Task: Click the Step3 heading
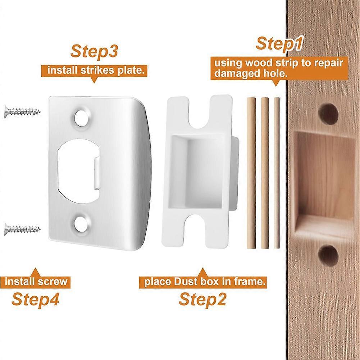click(x=94, y=51)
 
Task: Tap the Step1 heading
click(x=279, y=44)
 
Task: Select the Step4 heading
click(x=35, y=299)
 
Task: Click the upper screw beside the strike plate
click(x=23, y=111)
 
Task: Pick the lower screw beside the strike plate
click(x=23, y=228)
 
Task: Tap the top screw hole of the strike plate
click(x=82, y=117)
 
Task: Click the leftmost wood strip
click(x=251, y=173)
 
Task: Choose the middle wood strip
click(x=265, y=173)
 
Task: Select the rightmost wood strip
click(x=277, y=173)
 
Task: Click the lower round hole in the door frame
click(x=328, y=255)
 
